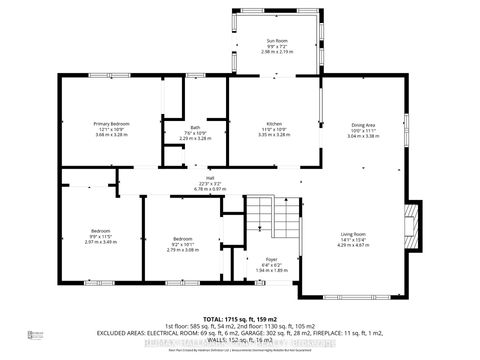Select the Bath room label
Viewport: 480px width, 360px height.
196,128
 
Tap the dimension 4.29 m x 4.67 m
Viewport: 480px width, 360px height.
353,246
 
